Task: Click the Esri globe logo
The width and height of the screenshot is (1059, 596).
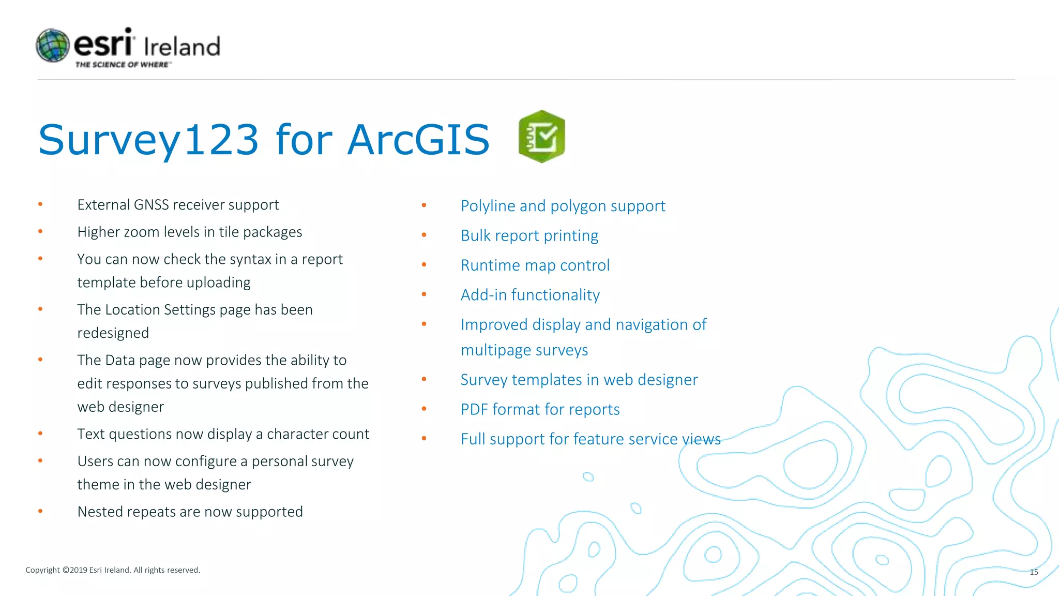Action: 52,46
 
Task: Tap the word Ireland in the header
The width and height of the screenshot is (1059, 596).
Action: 182,47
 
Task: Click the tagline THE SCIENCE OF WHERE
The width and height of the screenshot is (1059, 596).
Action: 122,65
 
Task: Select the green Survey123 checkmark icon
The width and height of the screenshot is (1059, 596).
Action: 541,137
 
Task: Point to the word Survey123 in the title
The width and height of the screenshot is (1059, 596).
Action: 148,140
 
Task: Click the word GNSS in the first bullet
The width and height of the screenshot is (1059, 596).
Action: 151,205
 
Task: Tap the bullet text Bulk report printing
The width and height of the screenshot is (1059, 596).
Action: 529,236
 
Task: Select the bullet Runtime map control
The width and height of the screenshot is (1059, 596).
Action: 535,265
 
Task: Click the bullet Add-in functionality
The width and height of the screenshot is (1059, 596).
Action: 530,295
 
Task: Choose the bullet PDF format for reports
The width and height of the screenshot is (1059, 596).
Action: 540,410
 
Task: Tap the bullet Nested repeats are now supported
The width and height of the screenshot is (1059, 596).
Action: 190,512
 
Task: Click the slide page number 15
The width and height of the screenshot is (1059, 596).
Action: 1034,572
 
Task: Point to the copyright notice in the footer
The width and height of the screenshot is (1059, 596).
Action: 113,570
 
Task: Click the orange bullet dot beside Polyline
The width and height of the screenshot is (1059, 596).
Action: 424,205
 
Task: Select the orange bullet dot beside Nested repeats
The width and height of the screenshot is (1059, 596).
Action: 40,511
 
